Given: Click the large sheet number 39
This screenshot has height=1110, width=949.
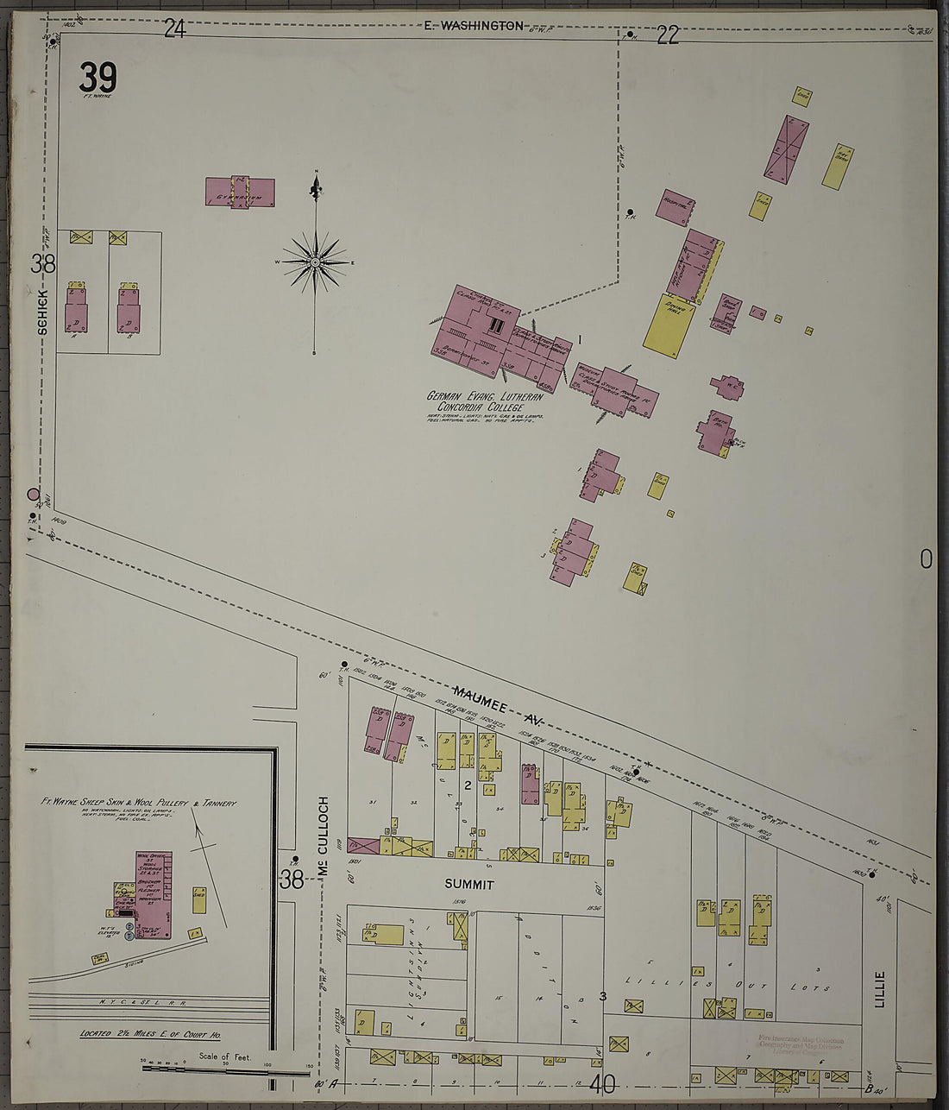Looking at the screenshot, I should pos(97,79).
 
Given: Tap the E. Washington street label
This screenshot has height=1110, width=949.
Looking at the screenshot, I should pos(474,26).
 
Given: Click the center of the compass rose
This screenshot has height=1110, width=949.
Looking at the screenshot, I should pos(315,262).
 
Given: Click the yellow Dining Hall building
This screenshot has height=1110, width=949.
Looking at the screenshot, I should pos(669,325).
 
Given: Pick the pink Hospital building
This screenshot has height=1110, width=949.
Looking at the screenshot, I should pos(676,206).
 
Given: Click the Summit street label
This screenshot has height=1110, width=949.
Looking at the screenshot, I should pos(469,885).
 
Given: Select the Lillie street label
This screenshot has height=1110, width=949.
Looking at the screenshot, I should pos(880,988).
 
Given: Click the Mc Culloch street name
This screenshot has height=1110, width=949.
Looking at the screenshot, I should pos(324,837).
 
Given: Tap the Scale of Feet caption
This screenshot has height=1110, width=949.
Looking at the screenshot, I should pos(225,1056).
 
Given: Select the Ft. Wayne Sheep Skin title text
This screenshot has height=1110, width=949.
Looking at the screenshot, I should pos(138,803).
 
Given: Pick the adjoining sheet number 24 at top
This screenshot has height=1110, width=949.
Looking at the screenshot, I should pos(174,29).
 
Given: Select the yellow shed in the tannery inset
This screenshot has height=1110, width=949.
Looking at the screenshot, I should pos(199,899).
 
